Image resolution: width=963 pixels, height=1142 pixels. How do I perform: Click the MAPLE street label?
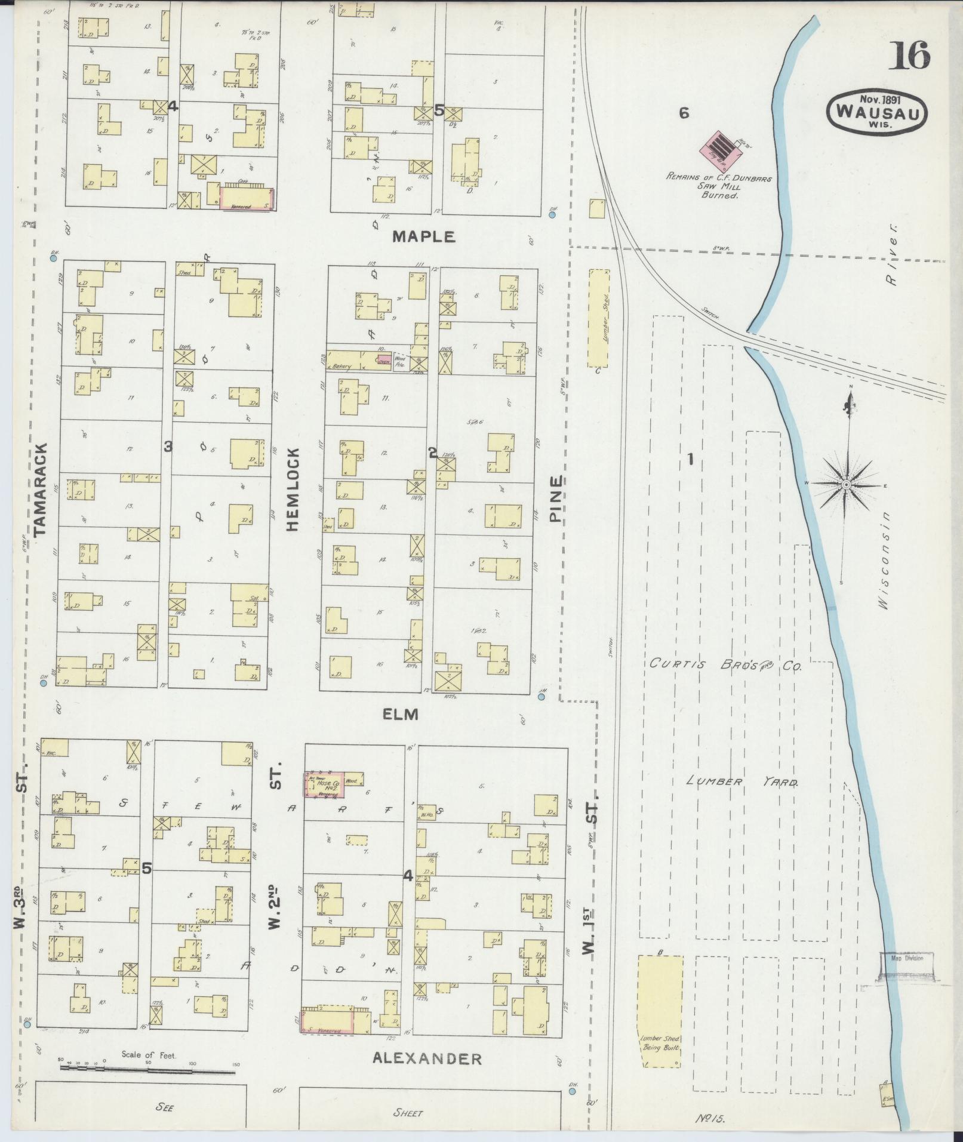pos(423,237)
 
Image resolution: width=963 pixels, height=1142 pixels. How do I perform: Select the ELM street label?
pos(401,714)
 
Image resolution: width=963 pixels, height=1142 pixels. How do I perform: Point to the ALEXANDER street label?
pos(427,1059)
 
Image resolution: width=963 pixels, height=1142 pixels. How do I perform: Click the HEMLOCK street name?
pos(292,489)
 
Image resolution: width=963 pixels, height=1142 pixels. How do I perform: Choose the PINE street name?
pos(556,498)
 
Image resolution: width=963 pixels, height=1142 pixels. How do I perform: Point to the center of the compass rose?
pos(846,484)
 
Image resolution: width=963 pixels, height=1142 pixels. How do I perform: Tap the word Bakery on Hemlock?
pos(342,367)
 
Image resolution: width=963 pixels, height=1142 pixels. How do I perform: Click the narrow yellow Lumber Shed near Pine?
pos(598,318)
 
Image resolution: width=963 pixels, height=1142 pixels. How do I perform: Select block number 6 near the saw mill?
pos(684,112)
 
